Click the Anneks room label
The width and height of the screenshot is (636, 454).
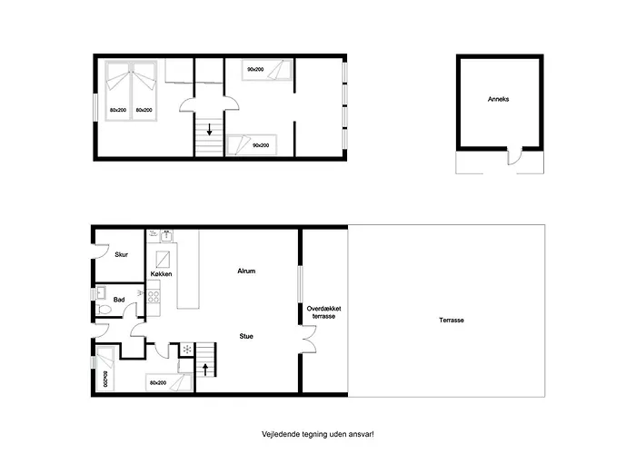point(498,99)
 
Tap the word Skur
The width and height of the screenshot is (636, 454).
point(121,254)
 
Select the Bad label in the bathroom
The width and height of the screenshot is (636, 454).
point(119,300)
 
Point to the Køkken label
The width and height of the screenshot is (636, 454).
point(161,274)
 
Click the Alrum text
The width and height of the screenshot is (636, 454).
point(246,271)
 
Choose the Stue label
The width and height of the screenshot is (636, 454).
point(246,336)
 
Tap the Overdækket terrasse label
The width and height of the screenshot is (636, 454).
point(323,312)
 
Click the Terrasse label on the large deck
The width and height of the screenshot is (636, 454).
point(451,320)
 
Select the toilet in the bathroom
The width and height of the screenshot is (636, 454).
point(104,310)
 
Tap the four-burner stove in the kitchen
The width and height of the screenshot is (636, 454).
point(154,296)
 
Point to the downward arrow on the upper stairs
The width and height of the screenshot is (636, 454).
point(209,129)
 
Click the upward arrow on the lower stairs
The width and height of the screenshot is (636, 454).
point(205,370)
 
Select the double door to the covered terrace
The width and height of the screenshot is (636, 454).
point(308,338)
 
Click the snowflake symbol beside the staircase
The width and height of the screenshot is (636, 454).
point(187,350)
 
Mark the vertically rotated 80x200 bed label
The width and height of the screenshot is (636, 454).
point(105,379)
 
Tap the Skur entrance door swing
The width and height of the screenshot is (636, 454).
point(102,251)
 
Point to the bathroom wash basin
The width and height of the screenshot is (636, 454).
point(101,292)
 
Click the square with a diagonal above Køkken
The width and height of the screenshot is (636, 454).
point(163,258)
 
